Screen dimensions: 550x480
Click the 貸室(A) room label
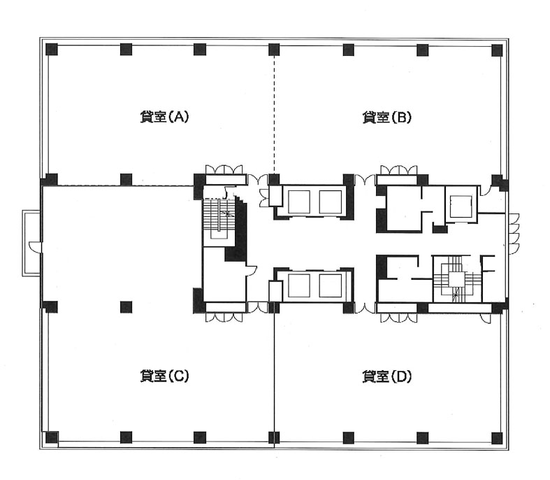click(x=164, y=117)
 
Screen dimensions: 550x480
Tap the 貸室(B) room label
click(x=386, y=117)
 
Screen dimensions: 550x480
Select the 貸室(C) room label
click(x=164, y=376)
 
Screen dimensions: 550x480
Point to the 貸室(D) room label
click(x=386, y=376)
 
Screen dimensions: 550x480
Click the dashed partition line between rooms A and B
click(x=274, y=115)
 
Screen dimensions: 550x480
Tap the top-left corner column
click(x=52, y=49)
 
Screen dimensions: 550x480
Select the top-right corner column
click(x=497, y=50)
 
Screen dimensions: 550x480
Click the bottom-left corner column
click(x=52, y=437)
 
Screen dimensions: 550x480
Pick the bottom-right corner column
click(x=497, y=437)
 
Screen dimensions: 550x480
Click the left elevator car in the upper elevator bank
click(x=299, y=202)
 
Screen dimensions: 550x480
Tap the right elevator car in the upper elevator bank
click(x=331, y=202)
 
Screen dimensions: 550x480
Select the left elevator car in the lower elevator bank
click(x=299, y=285)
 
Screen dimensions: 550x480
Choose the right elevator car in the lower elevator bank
click(x=331, y=285)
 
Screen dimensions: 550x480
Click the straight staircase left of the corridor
click(x=218, y=220)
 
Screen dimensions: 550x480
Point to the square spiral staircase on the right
click(x=456, y=278)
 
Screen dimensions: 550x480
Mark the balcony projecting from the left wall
click(x=31, y=243)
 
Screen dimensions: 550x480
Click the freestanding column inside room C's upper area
click(x=126, y=307)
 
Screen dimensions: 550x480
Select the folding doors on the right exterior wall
click(x=513, y=234)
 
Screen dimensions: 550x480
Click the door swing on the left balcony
click(x=34, y=246)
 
